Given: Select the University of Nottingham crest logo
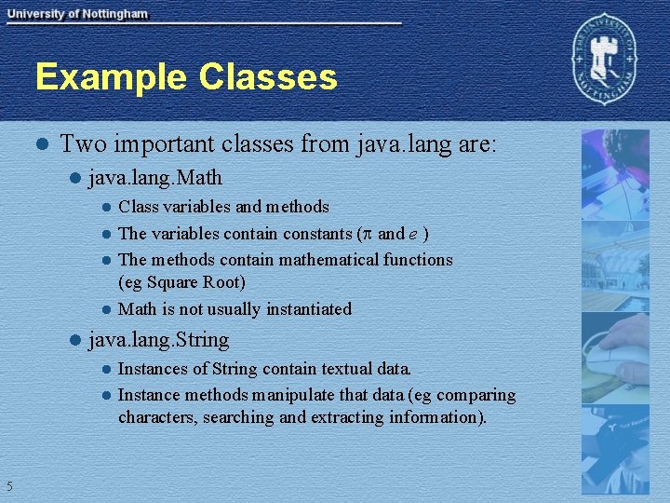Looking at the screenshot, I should pyautogui.click(x=607, y=61).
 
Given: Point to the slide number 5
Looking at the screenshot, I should pyautogui.click(x=8, y=485).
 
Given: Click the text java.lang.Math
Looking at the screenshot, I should pyautogui.click(x=155, y=177).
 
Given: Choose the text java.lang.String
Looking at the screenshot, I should pyautogui.click(x=158, y=340).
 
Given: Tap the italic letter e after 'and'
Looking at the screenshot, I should pyautogui.click(x=411, y=234).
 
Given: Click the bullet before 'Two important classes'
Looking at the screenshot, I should pyautogui.click(x=40, y=145).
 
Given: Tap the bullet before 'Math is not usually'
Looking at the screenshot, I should pyautogui.click(x=106, y=309).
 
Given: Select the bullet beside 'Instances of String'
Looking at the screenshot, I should pyautogui.click(x=106, y=370).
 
